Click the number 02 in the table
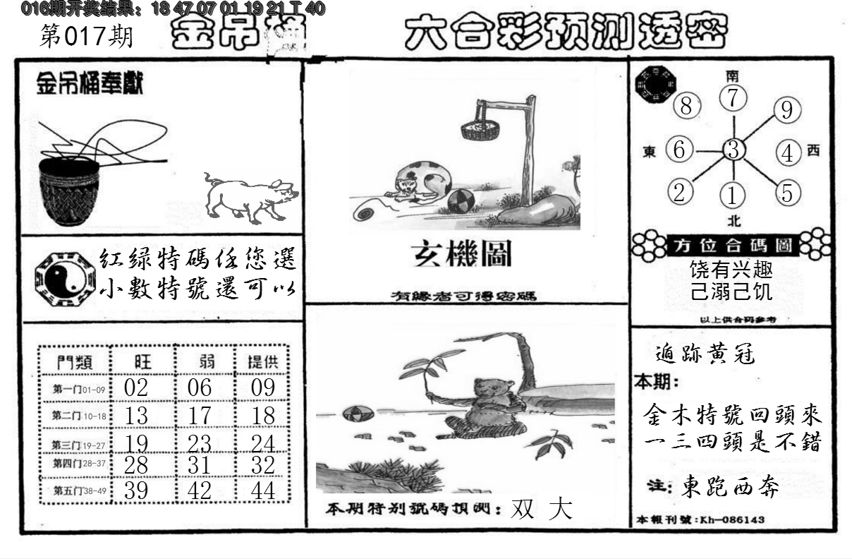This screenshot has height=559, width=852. click(135, 387)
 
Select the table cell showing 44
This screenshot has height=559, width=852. click(262, 490)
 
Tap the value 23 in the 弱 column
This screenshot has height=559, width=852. click(200, 443)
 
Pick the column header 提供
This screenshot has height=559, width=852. click(262, 362)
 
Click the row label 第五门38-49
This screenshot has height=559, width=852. click(75, 491)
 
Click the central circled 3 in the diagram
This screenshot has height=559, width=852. click(734, 150)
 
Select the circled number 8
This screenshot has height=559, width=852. click(686, 107)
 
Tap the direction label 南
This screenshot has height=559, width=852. click(734, 75)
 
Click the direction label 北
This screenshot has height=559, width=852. click(734, 220)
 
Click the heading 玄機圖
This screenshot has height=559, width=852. click(462, 255)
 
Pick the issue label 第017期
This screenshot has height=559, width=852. click(86, 36)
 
